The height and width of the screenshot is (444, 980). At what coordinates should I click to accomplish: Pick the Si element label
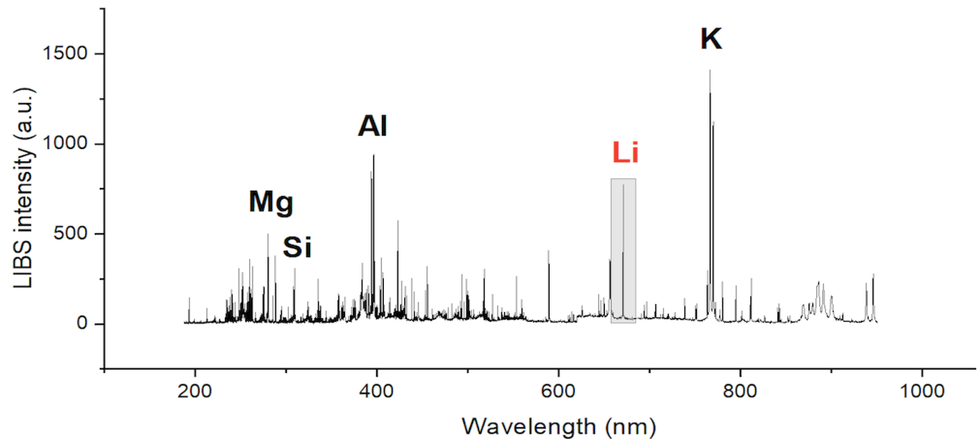[x=297, y=248]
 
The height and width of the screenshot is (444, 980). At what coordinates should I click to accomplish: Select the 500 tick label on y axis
[x=71, y=234]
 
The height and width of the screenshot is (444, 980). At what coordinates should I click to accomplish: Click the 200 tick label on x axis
[x=195, y=391]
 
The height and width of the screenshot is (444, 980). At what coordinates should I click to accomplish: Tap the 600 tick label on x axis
[x=558, y=391]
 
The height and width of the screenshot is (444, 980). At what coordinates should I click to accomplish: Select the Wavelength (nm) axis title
[x=559, y=427]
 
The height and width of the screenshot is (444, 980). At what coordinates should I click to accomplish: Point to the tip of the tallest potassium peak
[x=710, y=70]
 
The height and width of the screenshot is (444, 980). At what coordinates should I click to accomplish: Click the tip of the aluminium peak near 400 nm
[x=374, y=155]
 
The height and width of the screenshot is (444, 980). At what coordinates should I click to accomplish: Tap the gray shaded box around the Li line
[x=623, y=251]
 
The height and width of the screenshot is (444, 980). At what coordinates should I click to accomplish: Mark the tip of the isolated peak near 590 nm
[x=549, y=250]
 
